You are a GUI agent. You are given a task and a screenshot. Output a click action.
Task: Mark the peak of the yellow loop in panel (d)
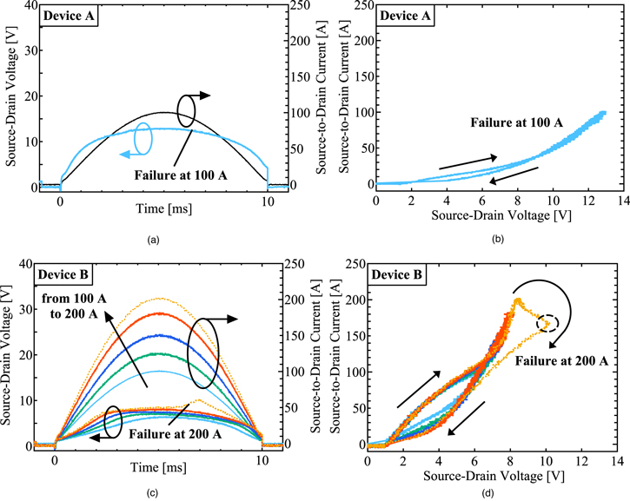tap(517, 301)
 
